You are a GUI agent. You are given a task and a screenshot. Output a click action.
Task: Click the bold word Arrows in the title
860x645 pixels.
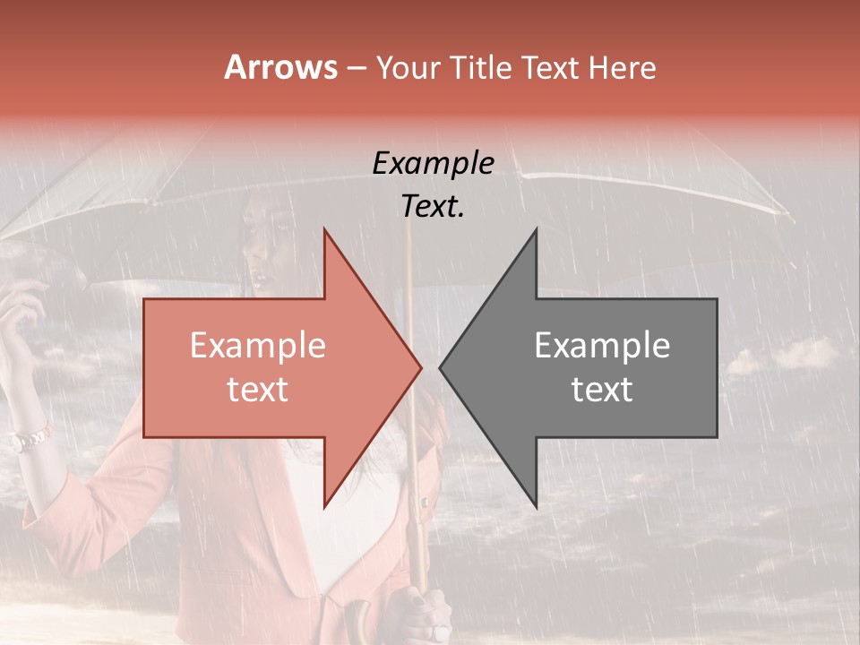[280, 67]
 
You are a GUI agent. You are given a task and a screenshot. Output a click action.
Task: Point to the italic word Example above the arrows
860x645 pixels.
[434, 163]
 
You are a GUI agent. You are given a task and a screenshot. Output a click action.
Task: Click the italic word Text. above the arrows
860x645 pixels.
[434, 206]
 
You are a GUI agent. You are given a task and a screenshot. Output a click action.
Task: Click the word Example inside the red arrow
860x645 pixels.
[258, 345]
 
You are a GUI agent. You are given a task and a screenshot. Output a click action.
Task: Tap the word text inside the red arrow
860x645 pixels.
[258, 390]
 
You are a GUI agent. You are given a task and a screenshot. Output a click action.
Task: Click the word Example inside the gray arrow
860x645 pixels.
[602, 345]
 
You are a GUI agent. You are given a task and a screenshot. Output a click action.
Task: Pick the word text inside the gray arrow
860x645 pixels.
[602, 390]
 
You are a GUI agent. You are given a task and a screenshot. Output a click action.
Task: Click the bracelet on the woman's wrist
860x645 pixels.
[30, 439]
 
